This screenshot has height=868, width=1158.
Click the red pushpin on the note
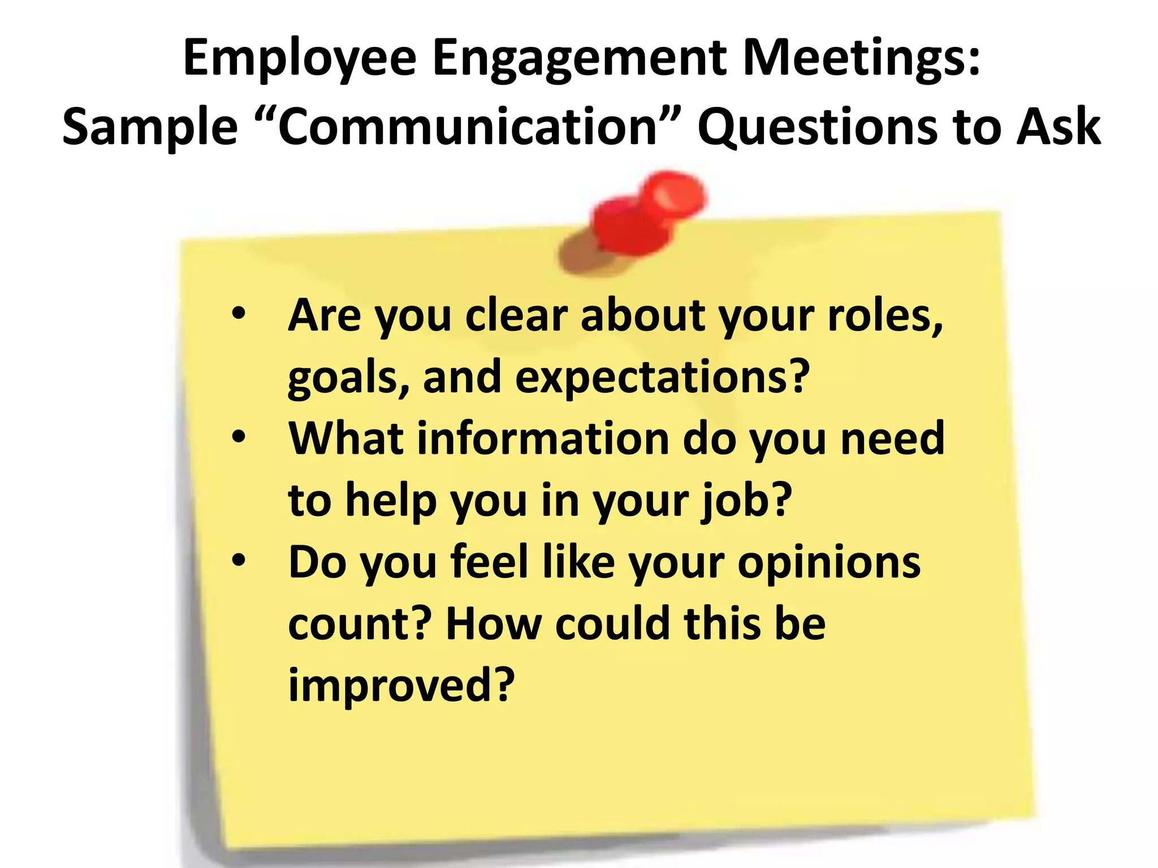coord(650,215)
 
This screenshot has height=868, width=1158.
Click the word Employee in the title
coord(300,59)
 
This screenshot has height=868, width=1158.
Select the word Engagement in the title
coord(580,59)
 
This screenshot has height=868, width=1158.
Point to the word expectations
coord(662,377)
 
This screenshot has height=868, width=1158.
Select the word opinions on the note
coord(829,563)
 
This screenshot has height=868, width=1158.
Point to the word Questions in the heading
coord(818,127)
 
